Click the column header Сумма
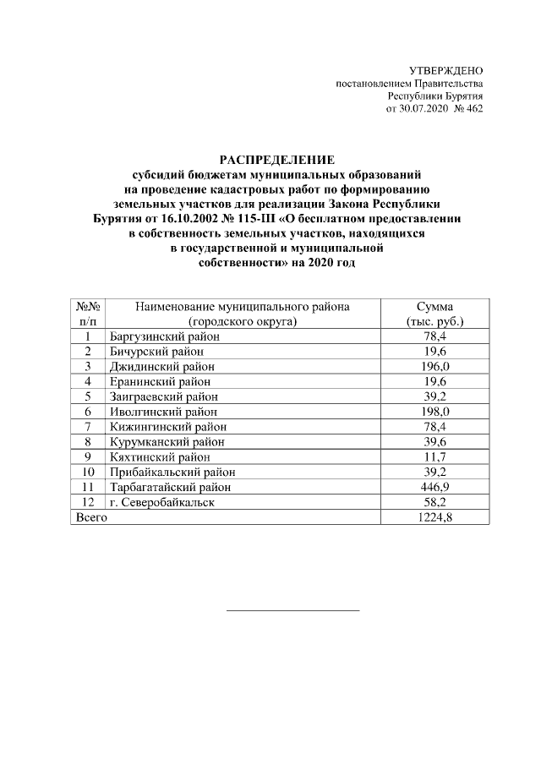(x=434, y=307)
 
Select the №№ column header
(x=88, y=307)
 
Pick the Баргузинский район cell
(x=164, y=336)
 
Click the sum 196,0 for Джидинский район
(x=434, y=366)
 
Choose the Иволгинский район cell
(x=163, y=412)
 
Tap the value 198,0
(x=434, y=412)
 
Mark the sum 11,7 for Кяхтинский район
(x=434, y=456)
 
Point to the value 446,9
(x=434, y=487)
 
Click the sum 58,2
(x=434, y=502)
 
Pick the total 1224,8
(x=434, y=517)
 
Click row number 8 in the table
(x=88, y=441)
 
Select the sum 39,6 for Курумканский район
(x=434, y=441)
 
